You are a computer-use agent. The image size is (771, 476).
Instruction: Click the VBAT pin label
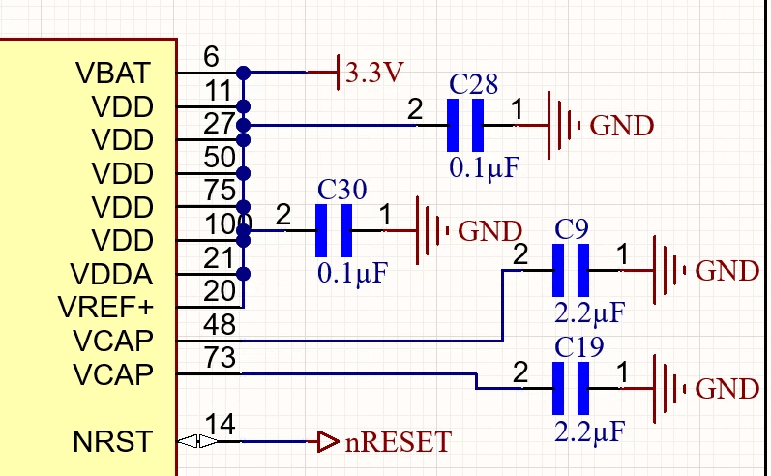click(112, 74)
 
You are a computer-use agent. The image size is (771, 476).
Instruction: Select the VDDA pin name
click(111, 274)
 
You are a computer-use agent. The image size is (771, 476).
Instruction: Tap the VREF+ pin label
click(105, 308)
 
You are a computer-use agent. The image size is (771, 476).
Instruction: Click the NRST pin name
click(112, 441)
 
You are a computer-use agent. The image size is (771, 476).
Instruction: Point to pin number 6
click(211, 56)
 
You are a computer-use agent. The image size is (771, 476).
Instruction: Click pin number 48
click(220, 324)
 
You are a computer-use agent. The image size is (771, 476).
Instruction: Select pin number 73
click(220, 358)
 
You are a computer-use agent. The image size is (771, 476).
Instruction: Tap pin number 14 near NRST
click(220, 424)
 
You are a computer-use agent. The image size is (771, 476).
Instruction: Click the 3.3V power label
click(374, 73)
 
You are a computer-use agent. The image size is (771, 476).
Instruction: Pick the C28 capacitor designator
click(473, 84)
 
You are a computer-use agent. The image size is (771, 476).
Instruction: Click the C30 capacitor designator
click(341, 190)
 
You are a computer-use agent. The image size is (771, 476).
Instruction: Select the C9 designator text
click(571, 229)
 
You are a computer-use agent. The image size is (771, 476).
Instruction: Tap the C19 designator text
click(578, 347)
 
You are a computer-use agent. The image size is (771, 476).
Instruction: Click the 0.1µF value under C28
click(485, 168)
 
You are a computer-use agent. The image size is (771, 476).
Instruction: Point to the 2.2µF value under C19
click(589, 431)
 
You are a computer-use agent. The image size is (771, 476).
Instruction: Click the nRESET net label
click(398, 441)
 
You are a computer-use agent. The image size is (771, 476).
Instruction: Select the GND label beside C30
click(489, 231)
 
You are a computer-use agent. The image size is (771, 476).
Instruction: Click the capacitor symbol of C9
click(571, 271)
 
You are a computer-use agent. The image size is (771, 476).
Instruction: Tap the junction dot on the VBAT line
click(244, 73)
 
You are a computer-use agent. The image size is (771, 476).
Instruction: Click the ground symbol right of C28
click(564, 126)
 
